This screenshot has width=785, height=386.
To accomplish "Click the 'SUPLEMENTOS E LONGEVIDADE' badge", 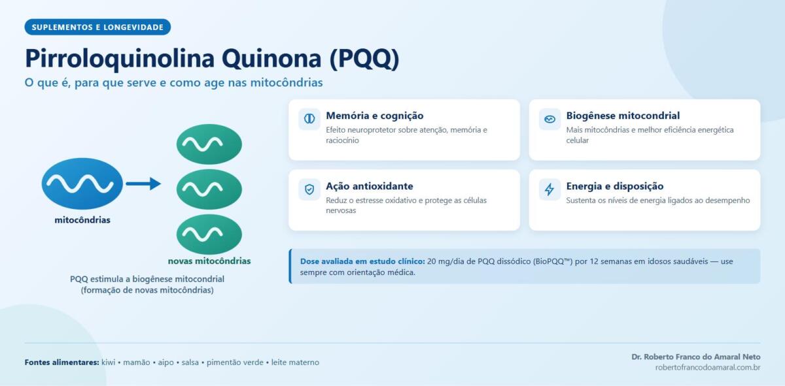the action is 97,27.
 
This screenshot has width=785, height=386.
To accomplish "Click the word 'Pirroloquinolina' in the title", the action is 120,58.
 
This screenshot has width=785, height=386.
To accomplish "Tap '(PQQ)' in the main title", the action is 364,58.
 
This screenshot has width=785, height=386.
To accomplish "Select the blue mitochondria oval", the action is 82,184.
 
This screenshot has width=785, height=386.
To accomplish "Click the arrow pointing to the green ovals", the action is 143,184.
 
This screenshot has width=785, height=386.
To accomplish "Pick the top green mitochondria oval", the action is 209,144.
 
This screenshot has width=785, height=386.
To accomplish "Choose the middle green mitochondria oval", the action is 209,189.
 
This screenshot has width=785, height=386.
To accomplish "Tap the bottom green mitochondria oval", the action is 209,234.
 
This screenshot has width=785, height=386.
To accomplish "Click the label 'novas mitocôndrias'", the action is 209,261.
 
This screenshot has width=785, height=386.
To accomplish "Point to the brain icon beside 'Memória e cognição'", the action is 309,119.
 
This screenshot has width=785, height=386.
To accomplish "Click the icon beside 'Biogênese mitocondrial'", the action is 549,120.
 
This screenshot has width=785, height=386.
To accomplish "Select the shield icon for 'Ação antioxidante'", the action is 309,189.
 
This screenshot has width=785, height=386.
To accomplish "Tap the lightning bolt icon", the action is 549,189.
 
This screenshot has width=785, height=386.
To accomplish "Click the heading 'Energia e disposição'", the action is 615,186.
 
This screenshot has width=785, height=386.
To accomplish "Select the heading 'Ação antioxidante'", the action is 370,186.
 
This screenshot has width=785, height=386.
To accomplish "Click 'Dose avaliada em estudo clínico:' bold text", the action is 362,261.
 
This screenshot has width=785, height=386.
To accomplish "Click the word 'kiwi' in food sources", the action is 109,362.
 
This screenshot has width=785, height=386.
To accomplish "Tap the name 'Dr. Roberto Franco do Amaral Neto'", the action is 695,357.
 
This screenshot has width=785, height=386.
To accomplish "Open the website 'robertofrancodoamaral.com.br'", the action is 708,368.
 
